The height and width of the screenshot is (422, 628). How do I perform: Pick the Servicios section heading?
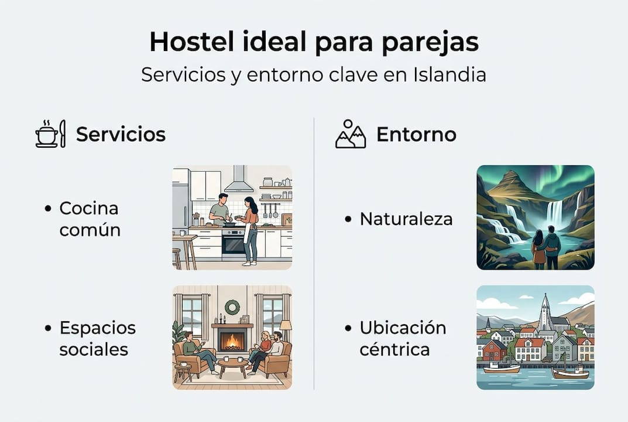click(x=121, y=134)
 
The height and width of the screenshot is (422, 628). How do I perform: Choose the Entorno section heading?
click(x=416, y=134)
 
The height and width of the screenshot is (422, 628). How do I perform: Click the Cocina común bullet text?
click(x=90, y=218)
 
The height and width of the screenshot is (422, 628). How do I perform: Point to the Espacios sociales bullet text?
click(x=97, y=338)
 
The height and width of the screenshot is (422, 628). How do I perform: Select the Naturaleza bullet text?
click(x=406, y=219)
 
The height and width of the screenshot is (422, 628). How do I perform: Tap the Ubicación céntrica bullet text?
click(x=403, y=338)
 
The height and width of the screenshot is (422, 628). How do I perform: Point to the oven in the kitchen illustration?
click(x=234, y=243)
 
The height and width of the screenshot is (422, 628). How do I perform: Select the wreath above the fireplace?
click(x=232, y=307)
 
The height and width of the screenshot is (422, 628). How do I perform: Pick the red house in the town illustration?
click(x=494, y=350)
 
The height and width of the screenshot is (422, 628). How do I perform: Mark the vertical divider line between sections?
click(x=314, y=252)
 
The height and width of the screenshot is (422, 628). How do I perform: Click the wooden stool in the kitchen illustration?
click(x=177, y=257)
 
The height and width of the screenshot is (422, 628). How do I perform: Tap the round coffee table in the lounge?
click(x=233, y=363)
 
